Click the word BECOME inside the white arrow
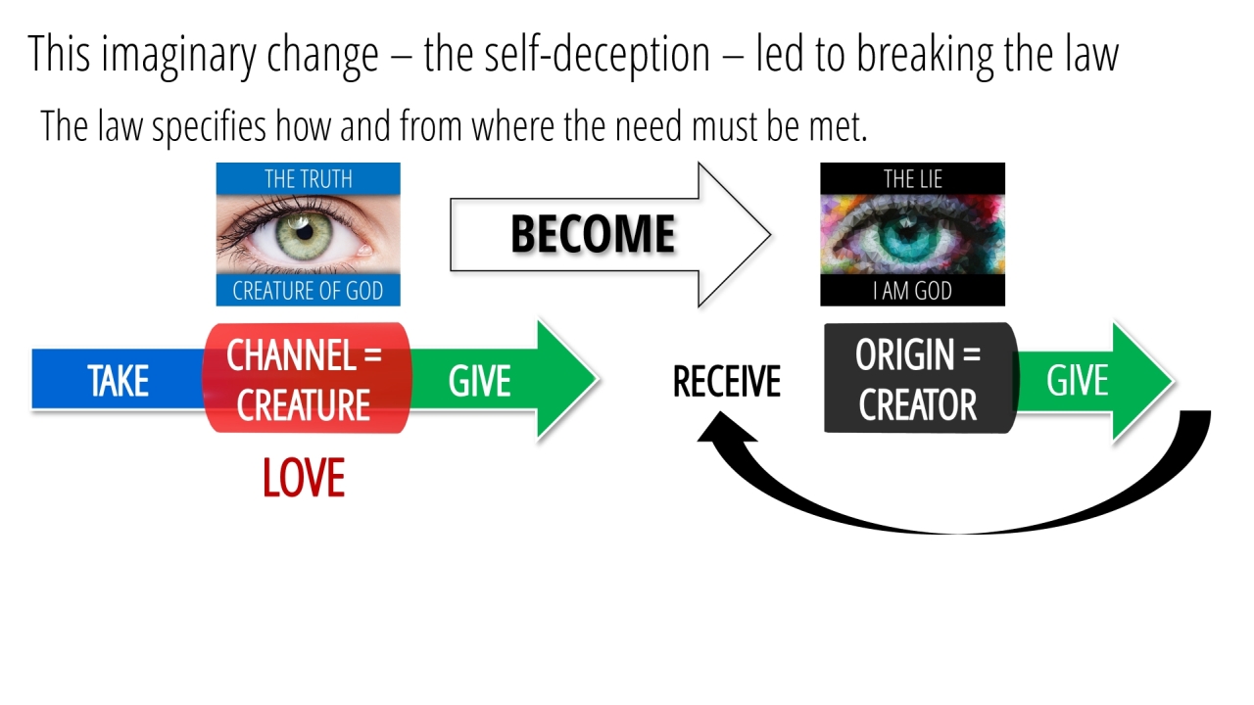coord(593,235)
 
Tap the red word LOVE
coord(304,479)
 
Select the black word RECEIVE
coord(726,382)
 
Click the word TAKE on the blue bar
coord(118,381)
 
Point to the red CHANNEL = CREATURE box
coord(305,379)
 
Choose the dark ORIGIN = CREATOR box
coord(918,379)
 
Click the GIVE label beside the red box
coord(480,381)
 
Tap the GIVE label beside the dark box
coord(1078,381)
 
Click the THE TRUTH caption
coord(308,179)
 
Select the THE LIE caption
coord(912,179)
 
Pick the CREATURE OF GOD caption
coord(308,291)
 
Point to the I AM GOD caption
coord(912,291)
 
